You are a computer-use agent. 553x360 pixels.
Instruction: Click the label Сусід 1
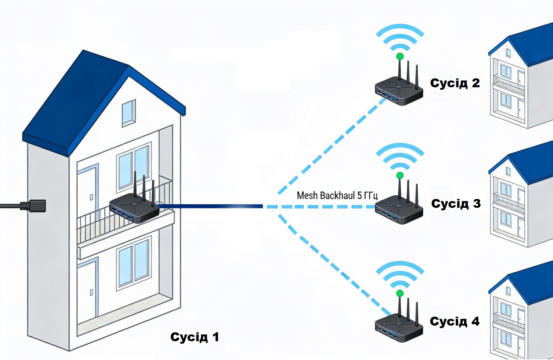[x=195, y=337]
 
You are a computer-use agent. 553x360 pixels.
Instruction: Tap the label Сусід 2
[x=455, y=83]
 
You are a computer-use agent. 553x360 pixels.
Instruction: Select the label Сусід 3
[x=456, y=204]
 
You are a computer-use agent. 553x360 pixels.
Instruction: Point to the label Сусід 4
[x=454, y=321]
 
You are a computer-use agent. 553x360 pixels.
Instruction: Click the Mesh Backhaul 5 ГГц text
[x=337, y=195]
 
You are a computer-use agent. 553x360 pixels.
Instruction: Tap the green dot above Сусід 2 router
[x=400, y=56]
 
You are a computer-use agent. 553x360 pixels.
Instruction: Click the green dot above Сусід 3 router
[x=400, y=176]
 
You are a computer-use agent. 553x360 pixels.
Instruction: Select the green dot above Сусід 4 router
[x=400, y=294]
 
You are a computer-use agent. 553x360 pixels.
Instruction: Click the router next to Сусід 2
[x=399, y=84]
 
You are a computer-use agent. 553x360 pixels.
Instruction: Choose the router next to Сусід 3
[x=399, y=203]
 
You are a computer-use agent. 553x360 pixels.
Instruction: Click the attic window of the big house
[x=129, y=113]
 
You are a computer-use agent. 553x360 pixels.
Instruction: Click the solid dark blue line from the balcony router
[x=210, y=206]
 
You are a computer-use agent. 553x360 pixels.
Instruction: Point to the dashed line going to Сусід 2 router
[x=332, y=145]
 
